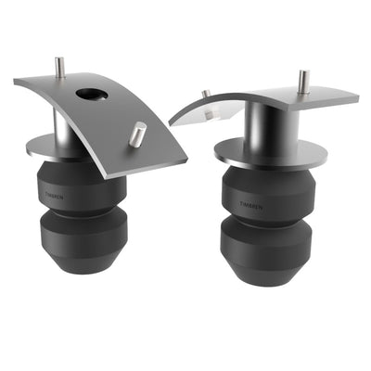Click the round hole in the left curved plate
coord(92,94)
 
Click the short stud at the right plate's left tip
coord(206,95)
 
